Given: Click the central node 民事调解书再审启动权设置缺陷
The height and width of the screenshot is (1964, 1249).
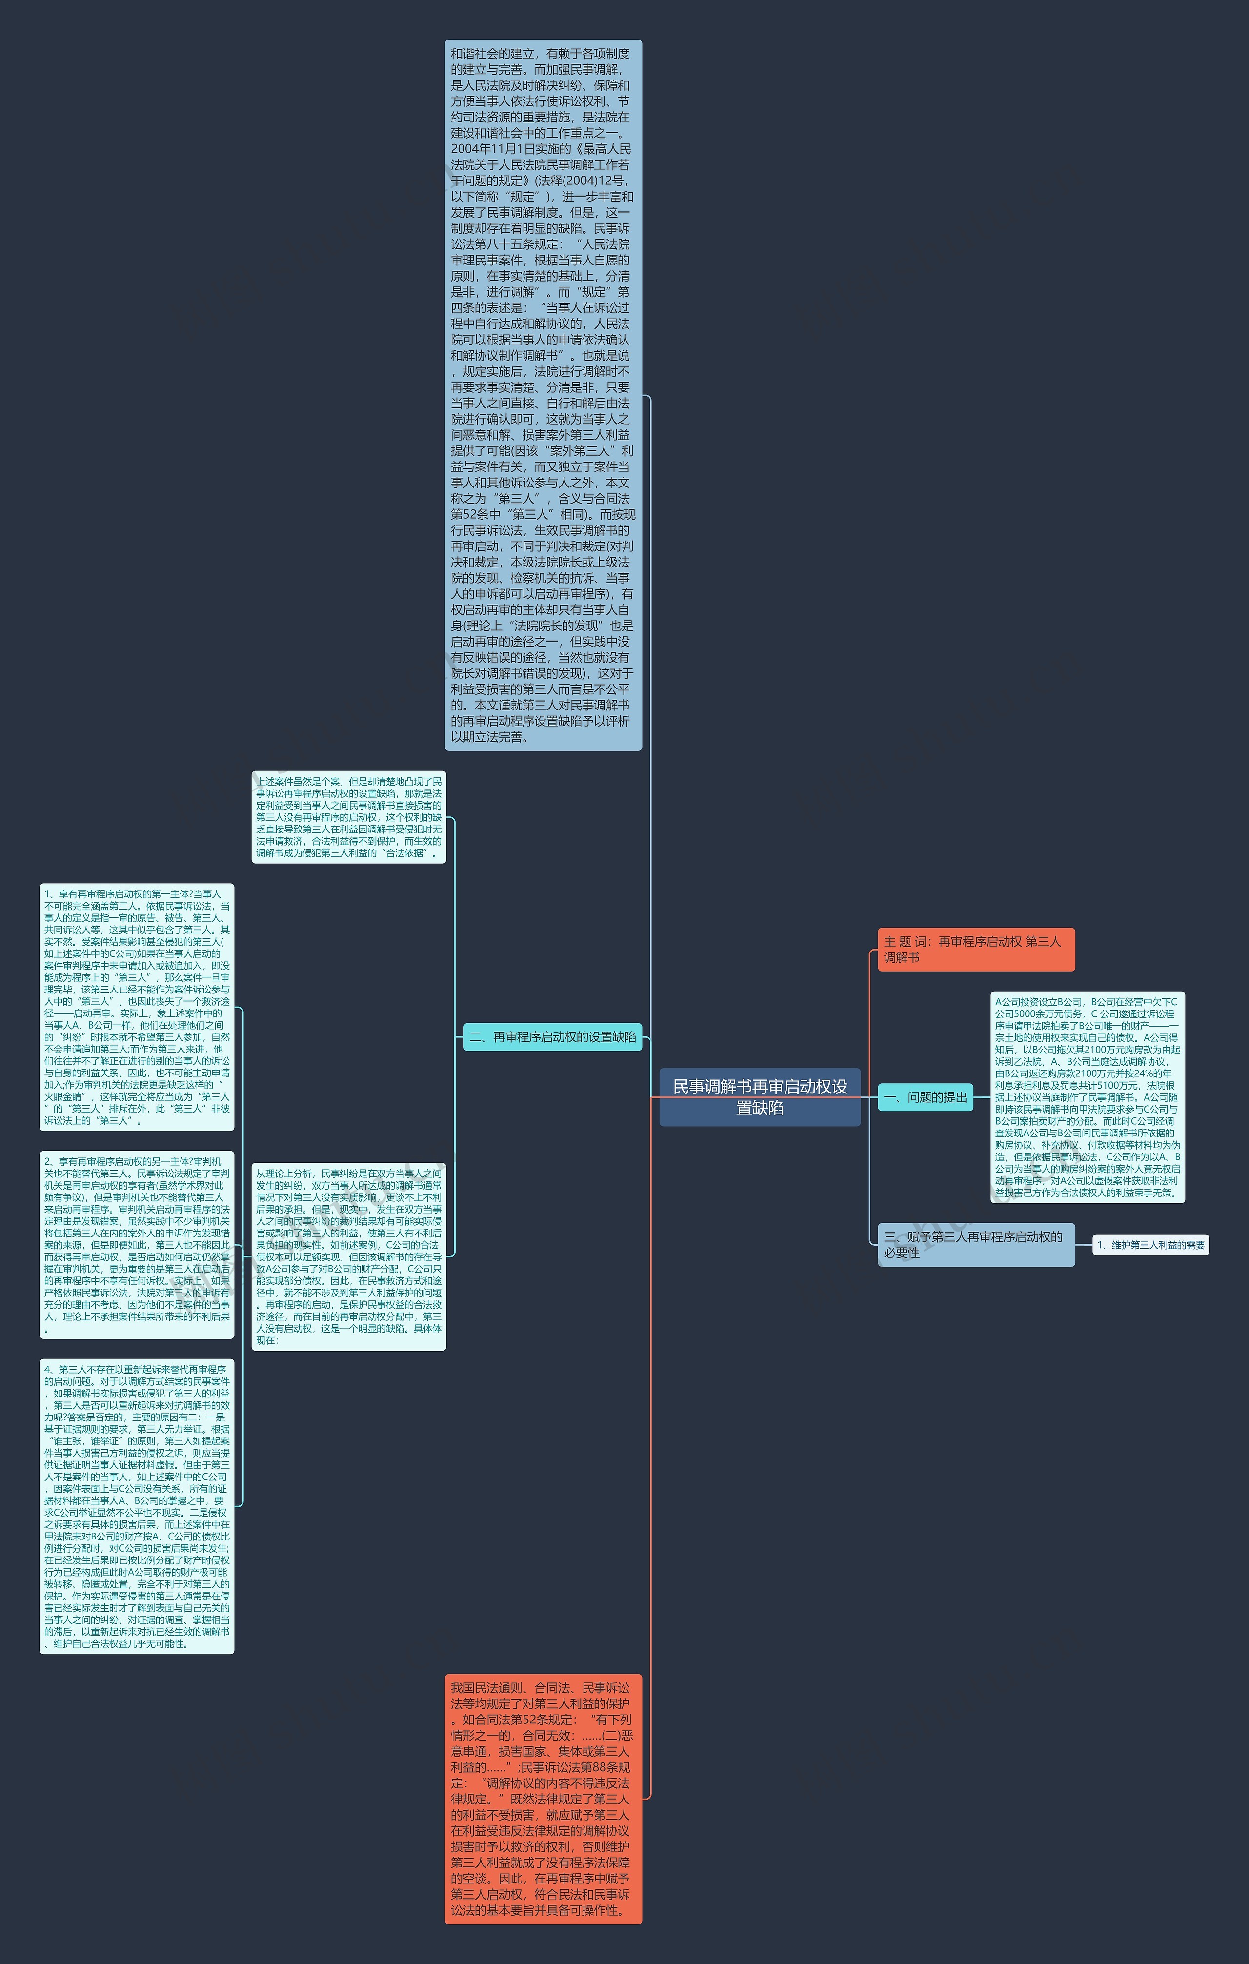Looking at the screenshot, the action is (759, 1096).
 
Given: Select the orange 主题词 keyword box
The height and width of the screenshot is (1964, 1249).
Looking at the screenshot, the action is (975, 950).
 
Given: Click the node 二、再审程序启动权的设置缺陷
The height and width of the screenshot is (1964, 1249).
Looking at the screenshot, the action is (552, 1036).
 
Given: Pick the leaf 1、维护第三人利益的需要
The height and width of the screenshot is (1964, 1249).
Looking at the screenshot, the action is (1150, 1245).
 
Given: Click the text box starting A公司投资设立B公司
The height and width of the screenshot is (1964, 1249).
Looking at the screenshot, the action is (1087, 1097).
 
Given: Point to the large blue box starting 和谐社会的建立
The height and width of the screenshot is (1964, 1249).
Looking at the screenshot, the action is (543, 395).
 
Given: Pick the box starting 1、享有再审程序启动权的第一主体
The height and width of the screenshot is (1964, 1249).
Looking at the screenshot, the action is (137, 1007).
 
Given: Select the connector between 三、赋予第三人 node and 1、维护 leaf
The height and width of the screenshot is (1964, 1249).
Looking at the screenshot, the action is (1084, 1245).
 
